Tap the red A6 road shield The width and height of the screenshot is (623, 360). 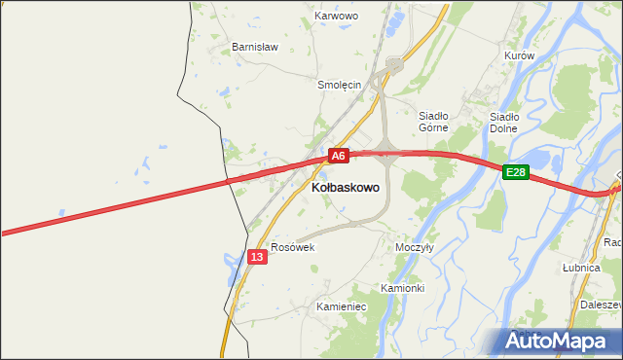tap(337, 155)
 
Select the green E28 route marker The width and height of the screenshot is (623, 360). tap(515, 172)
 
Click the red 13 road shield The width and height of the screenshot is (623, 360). tap(256, 256)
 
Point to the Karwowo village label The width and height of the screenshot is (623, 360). tap(337, 17)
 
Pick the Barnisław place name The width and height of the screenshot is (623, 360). tap(254, 46)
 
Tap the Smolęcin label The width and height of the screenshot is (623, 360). tap(340, 85)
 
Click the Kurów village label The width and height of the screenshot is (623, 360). tap(520, 55)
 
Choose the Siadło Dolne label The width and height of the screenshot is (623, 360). tap(503, 122)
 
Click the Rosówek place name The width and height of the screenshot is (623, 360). tap(293, 247)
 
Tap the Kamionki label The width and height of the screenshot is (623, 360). tap(402, 288)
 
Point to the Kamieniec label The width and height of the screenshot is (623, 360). tap(340, 306)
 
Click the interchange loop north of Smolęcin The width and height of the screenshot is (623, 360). tap(393, 66)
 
